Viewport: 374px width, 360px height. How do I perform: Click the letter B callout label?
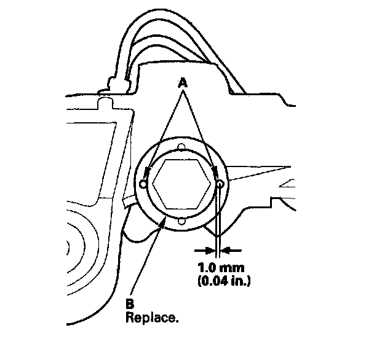point(130,303)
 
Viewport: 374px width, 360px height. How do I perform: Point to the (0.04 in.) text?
point(221,282)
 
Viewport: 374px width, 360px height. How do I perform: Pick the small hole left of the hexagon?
point(144,184)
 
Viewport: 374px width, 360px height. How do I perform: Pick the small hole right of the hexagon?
point(220,184)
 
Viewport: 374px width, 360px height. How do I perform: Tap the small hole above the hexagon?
point(181,147)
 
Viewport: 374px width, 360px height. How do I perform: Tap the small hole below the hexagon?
point(182,222)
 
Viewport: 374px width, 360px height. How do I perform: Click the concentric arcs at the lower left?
point(77,246)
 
